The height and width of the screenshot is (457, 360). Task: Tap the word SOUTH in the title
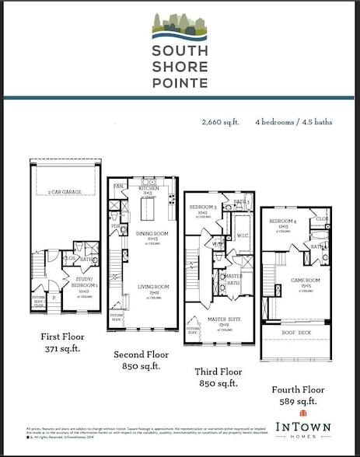(x=180, y=51)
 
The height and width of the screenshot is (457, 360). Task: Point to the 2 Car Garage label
(x=65, y=190)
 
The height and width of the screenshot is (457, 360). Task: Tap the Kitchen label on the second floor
(x=149, y=189)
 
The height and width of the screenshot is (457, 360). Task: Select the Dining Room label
(x=148, y=235)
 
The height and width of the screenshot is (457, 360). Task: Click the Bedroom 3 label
(x=203, y=208)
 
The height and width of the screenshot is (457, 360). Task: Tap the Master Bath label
(x=234, y=279)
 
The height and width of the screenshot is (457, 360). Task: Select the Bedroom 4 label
(x=279, y=222)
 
